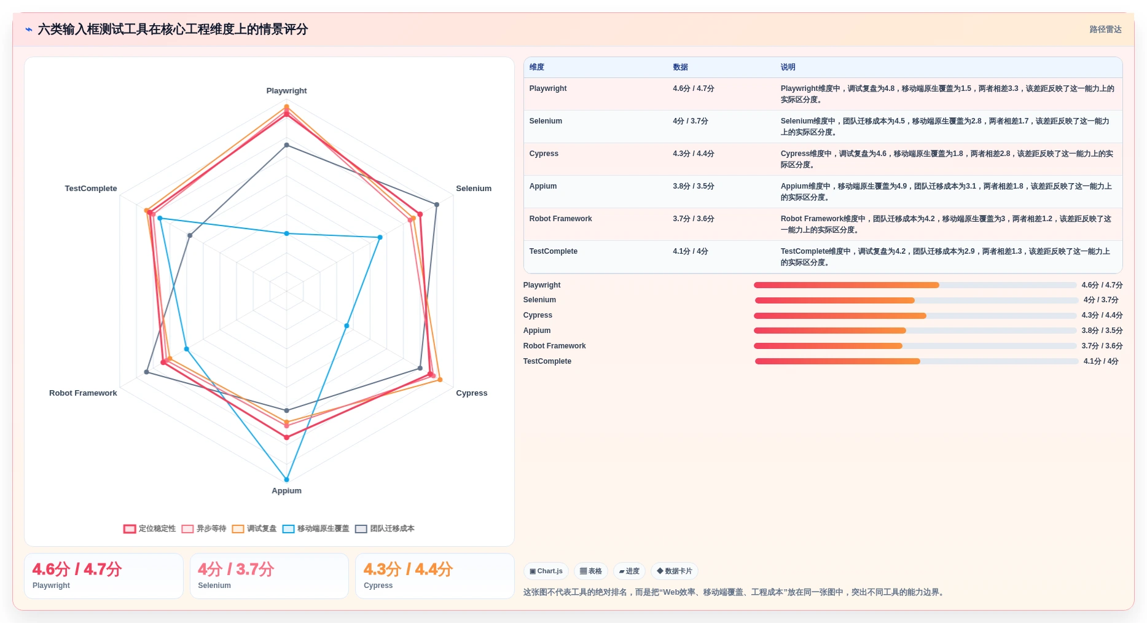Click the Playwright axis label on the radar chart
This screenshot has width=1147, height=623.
tap(286, 91)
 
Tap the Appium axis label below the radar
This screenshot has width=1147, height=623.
tap(286, 491)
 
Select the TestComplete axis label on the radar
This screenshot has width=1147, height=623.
tap(91, 189)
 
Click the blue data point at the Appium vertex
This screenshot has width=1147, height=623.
tap(286, 480)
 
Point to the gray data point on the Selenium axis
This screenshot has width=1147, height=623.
tap(437, 205)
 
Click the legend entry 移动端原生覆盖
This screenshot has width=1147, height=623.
tap(316, 528)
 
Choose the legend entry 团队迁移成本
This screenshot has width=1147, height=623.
tap(385, 528)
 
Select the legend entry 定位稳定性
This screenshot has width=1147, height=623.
tap(149, 528)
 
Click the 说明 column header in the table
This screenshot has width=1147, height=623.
tap(788, 67)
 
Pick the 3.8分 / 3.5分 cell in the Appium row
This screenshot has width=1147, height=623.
tap(694, 186)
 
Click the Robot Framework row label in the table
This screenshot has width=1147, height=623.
tap(561, 219)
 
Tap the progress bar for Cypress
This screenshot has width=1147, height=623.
tap(915, 316)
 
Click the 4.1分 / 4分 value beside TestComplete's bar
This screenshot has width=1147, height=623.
tap(1101, 361)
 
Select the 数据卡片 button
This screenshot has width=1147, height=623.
tap(674, 571)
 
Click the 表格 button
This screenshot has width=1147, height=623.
tap(591, 571)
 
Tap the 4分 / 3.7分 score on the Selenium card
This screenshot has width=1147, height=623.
tap(236, 570)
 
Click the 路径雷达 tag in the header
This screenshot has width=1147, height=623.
tap(1105, 29)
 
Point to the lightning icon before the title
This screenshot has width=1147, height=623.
tap(29, 29)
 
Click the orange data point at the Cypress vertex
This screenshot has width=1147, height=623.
tap(440, 380)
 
